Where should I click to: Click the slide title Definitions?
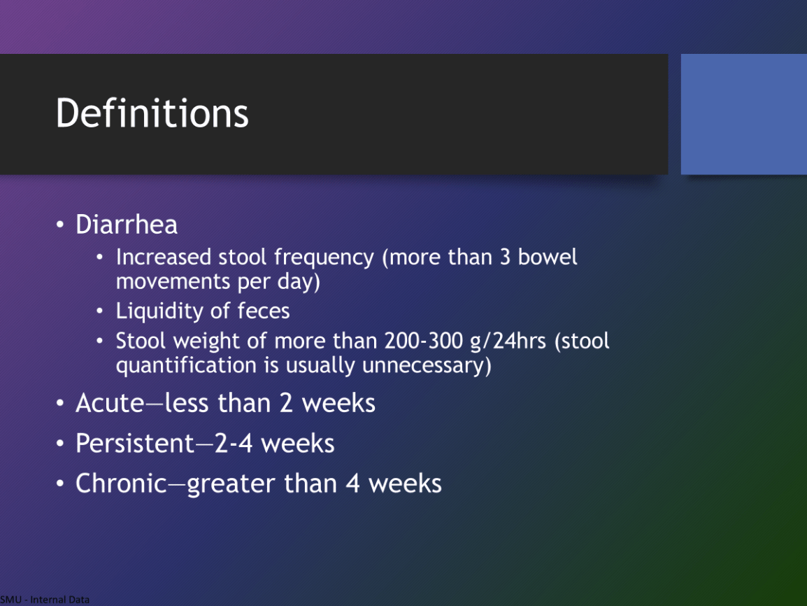[152, 113]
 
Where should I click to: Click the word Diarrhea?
[127, 225]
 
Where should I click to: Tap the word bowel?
[548, 257]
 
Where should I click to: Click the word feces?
[264, 311]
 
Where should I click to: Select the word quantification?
[186, 365]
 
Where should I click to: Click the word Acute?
[110, 402]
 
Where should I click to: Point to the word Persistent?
[134, 443]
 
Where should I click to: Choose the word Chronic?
[121, 484]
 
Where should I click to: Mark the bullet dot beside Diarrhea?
[60, 225]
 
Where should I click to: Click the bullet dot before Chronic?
[60, 484]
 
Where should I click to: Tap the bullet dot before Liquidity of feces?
[100, 311]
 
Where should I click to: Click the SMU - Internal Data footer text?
[45, 600]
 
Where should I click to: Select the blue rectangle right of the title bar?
[743, 114]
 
